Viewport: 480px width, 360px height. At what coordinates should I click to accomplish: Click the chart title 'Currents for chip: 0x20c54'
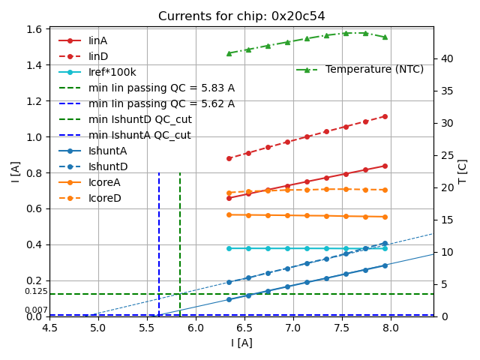click(241, 16)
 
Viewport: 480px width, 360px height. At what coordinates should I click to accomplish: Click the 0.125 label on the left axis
click(35, 292)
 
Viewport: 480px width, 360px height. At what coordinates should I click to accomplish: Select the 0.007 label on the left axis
click(35, 310)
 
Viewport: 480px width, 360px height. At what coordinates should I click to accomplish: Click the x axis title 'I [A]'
click(241, 343)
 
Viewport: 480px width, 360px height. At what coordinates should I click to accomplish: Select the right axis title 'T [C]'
click(463, 172)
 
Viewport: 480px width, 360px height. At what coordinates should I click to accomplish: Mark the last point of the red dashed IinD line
click(385, 116)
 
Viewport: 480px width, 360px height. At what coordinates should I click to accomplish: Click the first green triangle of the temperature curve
click(229, 53)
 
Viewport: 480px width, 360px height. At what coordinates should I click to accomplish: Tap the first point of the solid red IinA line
click(229, 198)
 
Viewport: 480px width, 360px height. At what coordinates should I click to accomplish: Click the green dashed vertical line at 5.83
click(180, 240)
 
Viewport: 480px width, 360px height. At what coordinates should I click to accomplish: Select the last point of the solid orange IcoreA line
click(385, 217)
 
